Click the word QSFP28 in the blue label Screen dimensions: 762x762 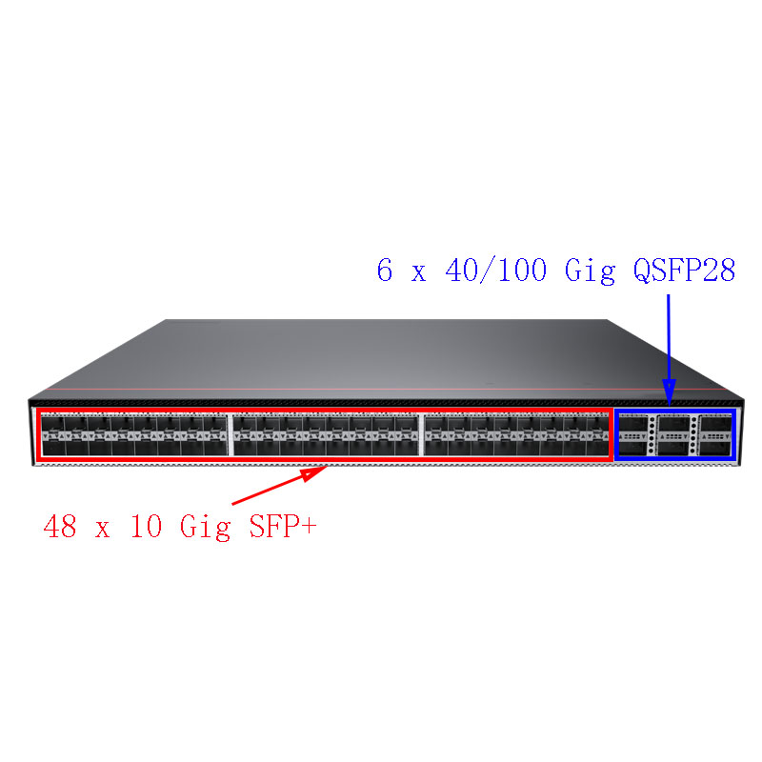click(684, 271)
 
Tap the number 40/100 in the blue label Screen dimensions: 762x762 click(495, 271)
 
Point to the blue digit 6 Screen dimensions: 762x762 click(385, 270)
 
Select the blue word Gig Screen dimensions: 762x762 click(590, 271)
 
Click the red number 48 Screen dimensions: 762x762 click(60, 526)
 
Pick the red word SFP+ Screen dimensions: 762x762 click(283, 526)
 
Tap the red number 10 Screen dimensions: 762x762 click(146, 526)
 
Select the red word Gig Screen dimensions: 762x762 click(205, 528)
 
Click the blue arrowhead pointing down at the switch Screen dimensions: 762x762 click(670, 392)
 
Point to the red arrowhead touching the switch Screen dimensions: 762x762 click(314, 472)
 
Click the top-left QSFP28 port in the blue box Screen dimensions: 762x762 click(633, 423)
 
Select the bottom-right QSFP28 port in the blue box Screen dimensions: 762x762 click(716, 448)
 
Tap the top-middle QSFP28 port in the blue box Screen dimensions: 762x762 click(674, 423)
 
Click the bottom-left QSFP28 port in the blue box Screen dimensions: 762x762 click(633, 448)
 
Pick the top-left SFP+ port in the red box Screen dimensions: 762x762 click(52, 424)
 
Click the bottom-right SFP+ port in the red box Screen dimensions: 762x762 click(597, 448)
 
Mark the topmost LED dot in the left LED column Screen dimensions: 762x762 click(652, 419)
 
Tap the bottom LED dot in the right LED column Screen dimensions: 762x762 click(693, 451)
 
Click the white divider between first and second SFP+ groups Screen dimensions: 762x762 click(231, 434)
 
